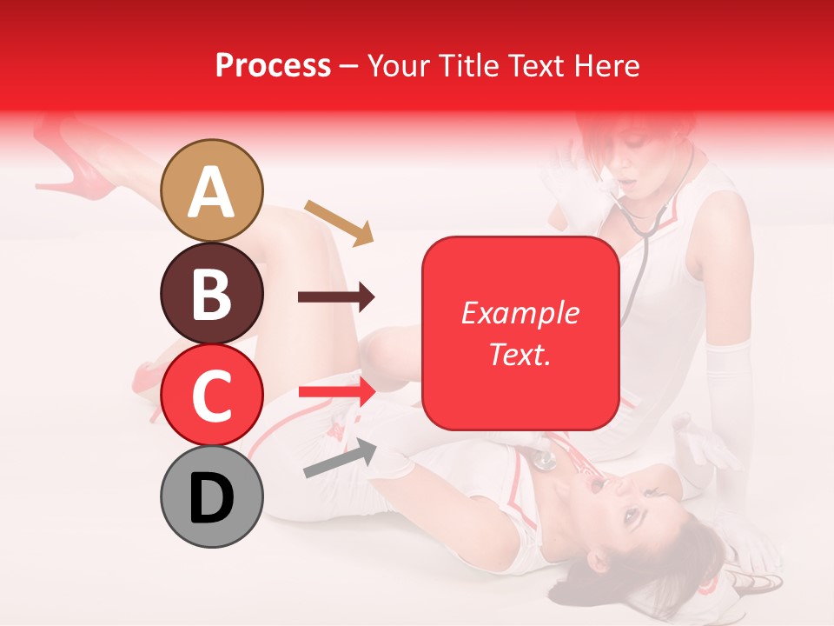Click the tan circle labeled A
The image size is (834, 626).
[x=212, y=191]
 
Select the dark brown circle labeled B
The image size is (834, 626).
[x=212, y=293]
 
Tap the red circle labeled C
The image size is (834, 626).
[x=212, y=395]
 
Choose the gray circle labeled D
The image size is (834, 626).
[x=212, y=496]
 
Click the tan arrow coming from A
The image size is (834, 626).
[x=339, y=222]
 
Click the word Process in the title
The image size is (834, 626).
[x=273, y=65]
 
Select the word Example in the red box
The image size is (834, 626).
[x=520, y=313]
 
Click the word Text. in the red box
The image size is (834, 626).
[x=520, y=354]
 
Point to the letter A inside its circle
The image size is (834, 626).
[x=212, y=192]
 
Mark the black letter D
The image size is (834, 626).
[x=212, y=498]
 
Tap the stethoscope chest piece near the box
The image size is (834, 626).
[x=546, y=459]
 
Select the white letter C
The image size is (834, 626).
[x=212, y=396]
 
